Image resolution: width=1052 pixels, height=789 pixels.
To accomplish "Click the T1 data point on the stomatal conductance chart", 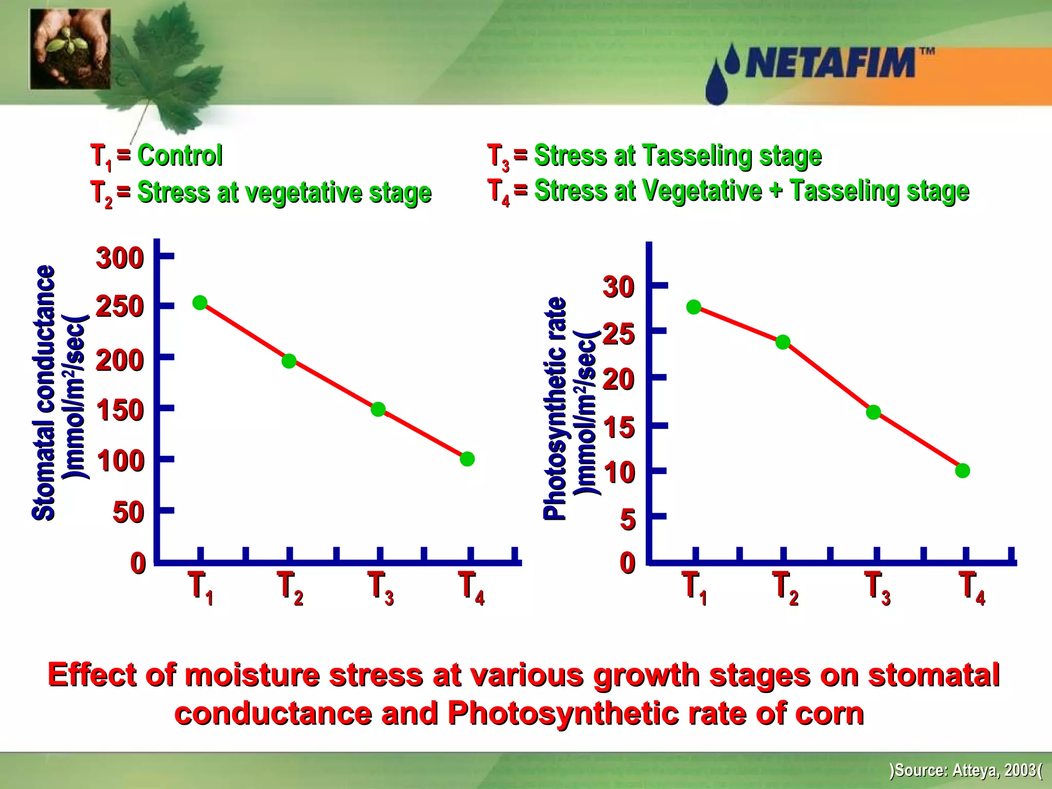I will tap(200, 303).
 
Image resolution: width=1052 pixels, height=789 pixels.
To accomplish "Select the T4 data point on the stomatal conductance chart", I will tap(467, 459).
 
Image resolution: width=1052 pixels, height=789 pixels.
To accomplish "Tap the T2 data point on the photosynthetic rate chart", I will tap(782, 342).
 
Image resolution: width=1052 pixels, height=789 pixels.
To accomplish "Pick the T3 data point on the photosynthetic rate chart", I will tap(873, 412).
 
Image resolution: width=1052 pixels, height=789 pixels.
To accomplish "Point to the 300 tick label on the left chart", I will tap(119, 258).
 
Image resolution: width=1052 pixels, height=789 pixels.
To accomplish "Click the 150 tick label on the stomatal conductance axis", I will tap(120, 410).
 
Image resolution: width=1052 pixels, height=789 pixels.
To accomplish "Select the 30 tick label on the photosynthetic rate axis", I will tap(618, 287).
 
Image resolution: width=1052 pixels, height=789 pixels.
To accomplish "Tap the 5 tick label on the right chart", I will tap(628, 519).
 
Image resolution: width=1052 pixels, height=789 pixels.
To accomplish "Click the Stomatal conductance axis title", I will tap(44, 393).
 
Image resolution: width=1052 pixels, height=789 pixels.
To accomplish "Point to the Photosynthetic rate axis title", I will tap(555, 408).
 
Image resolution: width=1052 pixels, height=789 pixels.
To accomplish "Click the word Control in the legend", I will tap(180, 155).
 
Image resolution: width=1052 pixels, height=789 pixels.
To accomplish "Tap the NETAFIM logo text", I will tap(830, 63).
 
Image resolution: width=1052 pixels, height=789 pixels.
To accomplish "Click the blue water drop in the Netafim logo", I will tap(718, 85).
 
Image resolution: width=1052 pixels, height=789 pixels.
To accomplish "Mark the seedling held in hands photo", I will tap(70, 49).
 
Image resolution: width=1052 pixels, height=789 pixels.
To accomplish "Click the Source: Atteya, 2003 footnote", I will tap(966, 770).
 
